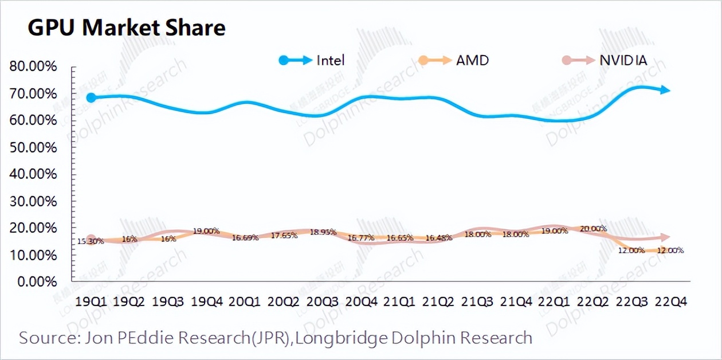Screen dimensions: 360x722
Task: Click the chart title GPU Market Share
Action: (127, 27)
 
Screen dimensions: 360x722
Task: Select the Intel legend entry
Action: (312, 60)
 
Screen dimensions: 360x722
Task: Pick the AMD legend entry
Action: (453, 60)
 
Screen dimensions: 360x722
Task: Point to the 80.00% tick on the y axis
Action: (33, 66)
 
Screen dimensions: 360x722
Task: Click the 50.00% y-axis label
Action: (33, 147)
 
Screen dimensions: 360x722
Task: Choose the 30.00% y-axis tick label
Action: (33, 201)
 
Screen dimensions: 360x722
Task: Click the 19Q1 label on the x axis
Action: (91, 301)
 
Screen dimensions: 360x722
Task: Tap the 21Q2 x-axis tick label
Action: (442, 301)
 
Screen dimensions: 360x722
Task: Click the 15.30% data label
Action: (90, 241)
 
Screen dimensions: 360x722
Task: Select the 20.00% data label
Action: (592, 229)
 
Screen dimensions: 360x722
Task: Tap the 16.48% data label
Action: (438, 238)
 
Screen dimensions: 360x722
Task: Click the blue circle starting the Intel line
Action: (91, 97)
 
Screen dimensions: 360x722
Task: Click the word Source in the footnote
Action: (42, 338)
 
